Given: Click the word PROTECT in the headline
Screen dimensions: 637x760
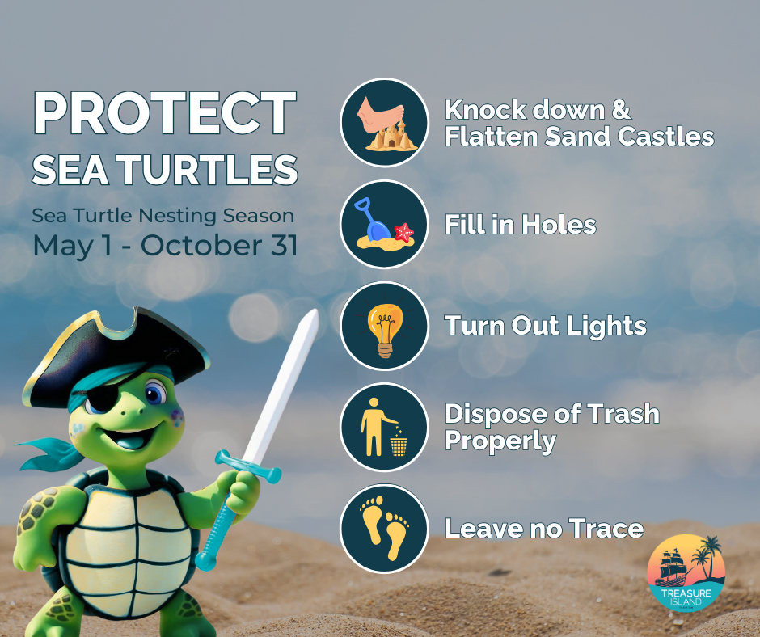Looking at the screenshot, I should pyautogui.click(x=164, y=114).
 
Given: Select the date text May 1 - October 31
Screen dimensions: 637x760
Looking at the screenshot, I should pyautogui.click(x=164, y=246).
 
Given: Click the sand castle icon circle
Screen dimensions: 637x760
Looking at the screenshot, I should pyautogui.click(x=384, y=123).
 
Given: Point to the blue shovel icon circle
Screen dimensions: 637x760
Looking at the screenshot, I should pyautogui.click(x=384, y=224).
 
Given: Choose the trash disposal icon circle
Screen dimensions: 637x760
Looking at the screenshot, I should pyautogui.click(x=384, y=427).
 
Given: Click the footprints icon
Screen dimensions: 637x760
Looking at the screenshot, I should pyautogui.click(x=384, y=528).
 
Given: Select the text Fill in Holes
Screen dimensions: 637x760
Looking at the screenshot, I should pyautogui.click(x=520, y=225).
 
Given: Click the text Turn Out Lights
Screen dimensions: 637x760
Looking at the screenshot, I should pyautogui.click(x=546, y=326).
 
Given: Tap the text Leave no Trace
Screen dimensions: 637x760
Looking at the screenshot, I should pyautogui.click(x=544, y=529).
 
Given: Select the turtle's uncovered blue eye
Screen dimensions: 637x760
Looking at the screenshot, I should pyautogui.click(x=156, y=395).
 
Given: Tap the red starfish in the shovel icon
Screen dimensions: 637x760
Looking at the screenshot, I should pyautogui.click(x=403, y=233).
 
